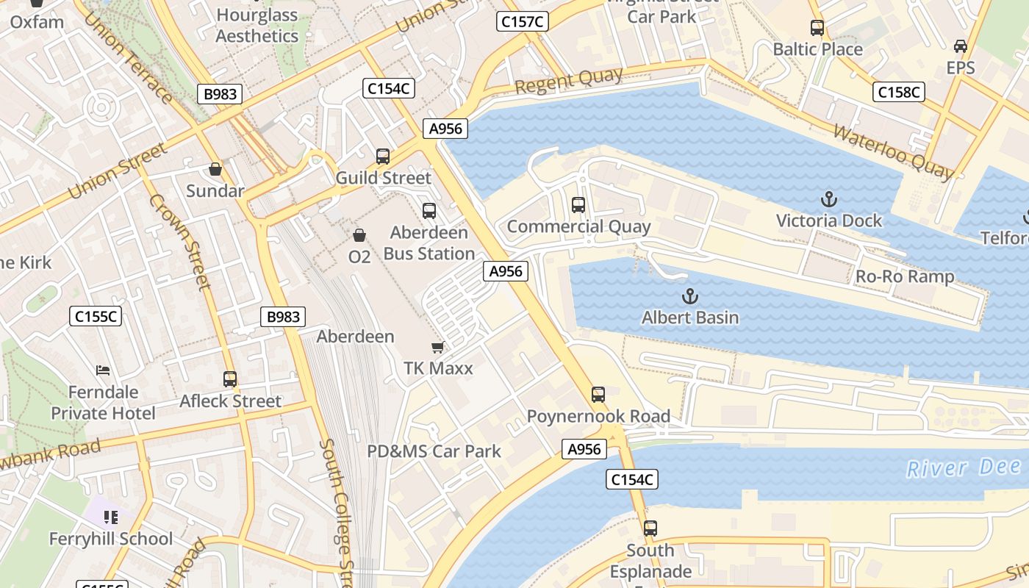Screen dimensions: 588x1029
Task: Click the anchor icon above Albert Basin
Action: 689,296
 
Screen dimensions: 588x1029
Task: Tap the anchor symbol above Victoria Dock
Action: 829,199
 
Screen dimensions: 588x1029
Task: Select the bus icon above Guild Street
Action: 383,156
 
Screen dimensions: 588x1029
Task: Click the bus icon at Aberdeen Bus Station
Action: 429,211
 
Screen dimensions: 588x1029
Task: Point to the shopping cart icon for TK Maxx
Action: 438,347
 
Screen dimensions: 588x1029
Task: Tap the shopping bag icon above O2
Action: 359,235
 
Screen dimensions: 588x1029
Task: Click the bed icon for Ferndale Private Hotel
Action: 103,370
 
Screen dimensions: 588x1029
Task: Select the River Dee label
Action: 963,467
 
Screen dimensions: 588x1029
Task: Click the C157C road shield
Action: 522,21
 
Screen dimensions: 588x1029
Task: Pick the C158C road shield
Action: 899,92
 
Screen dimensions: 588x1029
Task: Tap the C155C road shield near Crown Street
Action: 96,317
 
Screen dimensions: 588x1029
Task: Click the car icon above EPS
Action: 960,46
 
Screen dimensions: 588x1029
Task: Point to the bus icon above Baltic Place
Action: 817,28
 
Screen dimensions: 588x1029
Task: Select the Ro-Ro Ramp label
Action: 905,276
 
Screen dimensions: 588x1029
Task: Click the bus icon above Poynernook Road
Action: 598,395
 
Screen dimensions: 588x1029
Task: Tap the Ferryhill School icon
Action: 111,517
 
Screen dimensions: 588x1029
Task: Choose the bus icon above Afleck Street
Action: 230,379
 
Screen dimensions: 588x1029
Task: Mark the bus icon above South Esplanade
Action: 650,528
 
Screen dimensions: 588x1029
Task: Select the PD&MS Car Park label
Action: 434,451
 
